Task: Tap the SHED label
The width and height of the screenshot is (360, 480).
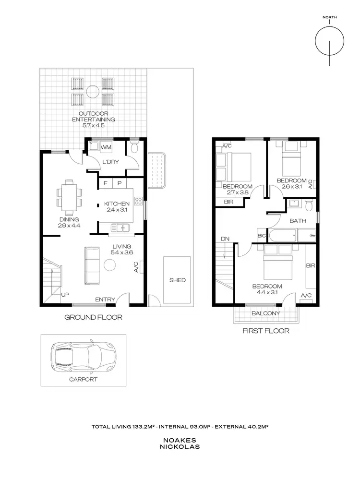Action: (177, 280)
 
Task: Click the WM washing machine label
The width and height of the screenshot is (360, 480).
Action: (107, 147)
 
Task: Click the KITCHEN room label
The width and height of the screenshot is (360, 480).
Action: (117, 204)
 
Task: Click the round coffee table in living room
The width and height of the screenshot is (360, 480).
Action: (110, 265)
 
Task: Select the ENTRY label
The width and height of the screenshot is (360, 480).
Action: (105, 300)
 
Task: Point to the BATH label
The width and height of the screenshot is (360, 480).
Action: (298, 221)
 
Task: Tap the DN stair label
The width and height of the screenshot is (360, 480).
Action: (225, 239)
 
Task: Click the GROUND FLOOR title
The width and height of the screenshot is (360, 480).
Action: (93, 317)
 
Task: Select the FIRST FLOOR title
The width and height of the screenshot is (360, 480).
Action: (266, 331)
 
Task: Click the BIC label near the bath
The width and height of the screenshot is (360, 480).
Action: (262, 236)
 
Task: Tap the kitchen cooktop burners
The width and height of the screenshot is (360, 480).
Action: (139, 201)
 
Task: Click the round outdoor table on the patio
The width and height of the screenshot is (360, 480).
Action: (92, 91)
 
